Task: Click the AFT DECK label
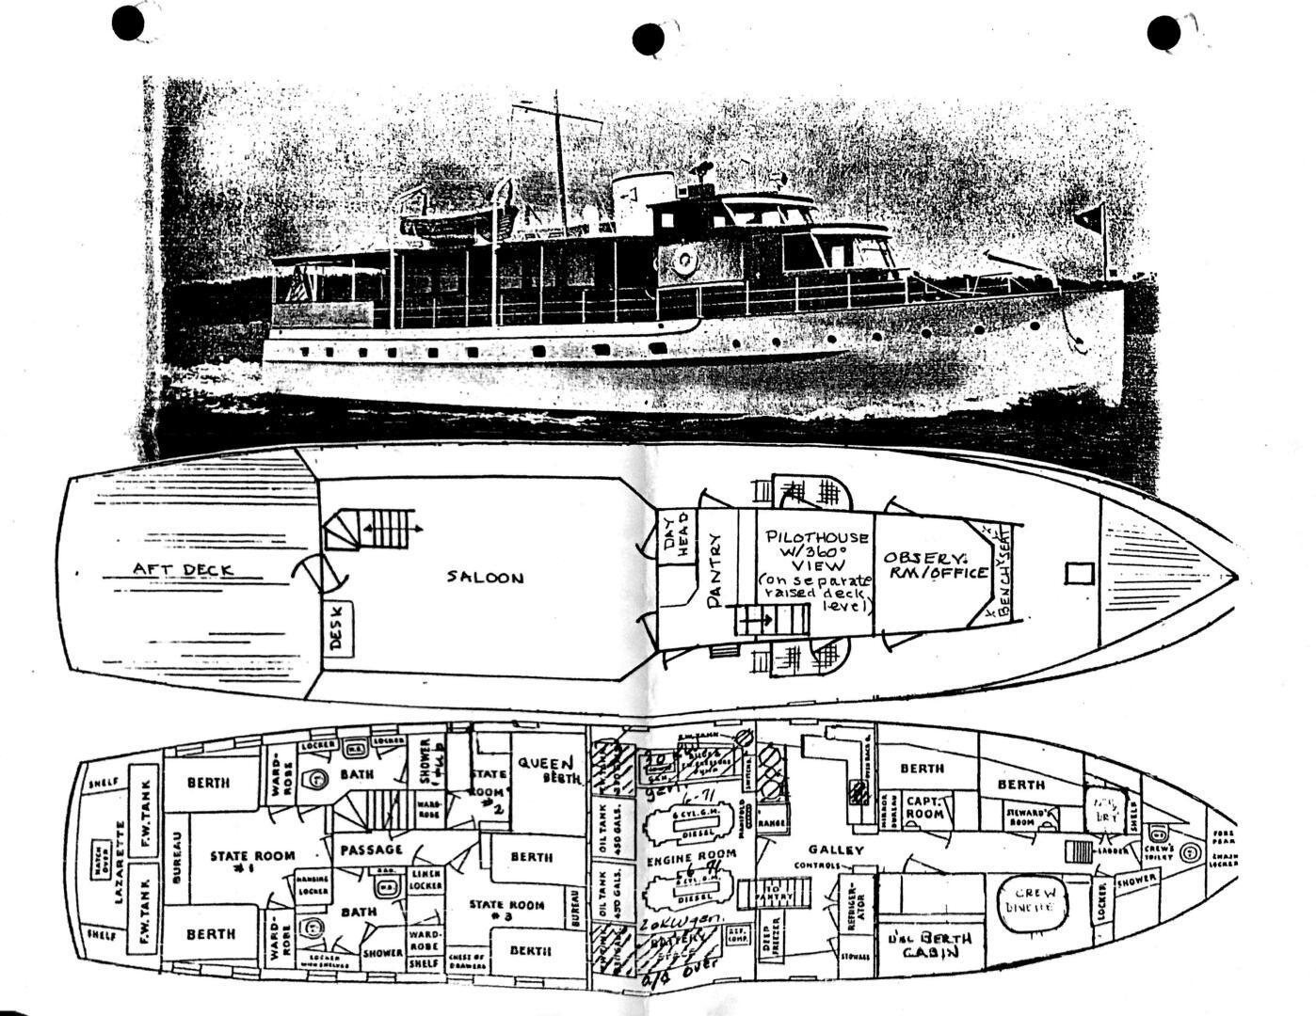tap(183, 569)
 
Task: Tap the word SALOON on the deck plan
tap(485, 577)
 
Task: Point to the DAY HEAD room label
tap(682, 537)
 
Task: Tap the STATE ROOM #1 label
tap(252, 862)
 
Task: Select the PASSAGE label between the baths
tap(374, 849)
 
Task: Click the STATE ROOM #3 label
tap(507, 910)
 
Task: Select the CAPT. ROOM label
tap(925, 809)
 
